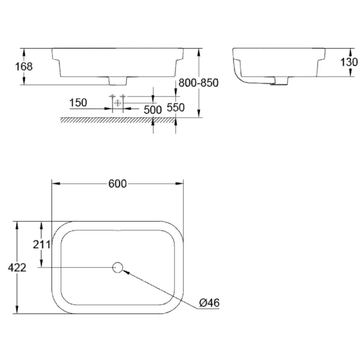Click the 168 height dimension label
[x=23, y=67]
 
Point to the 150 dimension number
[x=79, y=103]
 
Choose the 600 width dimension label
[x=118, y=184]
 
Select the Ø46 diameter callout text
[x=209, y=303]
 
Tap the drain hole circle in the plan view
[x=118, y=267]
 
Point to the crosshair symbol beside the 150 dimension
[x=118, y=103]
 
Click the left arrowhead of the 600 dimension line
[x=55, y=184]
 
